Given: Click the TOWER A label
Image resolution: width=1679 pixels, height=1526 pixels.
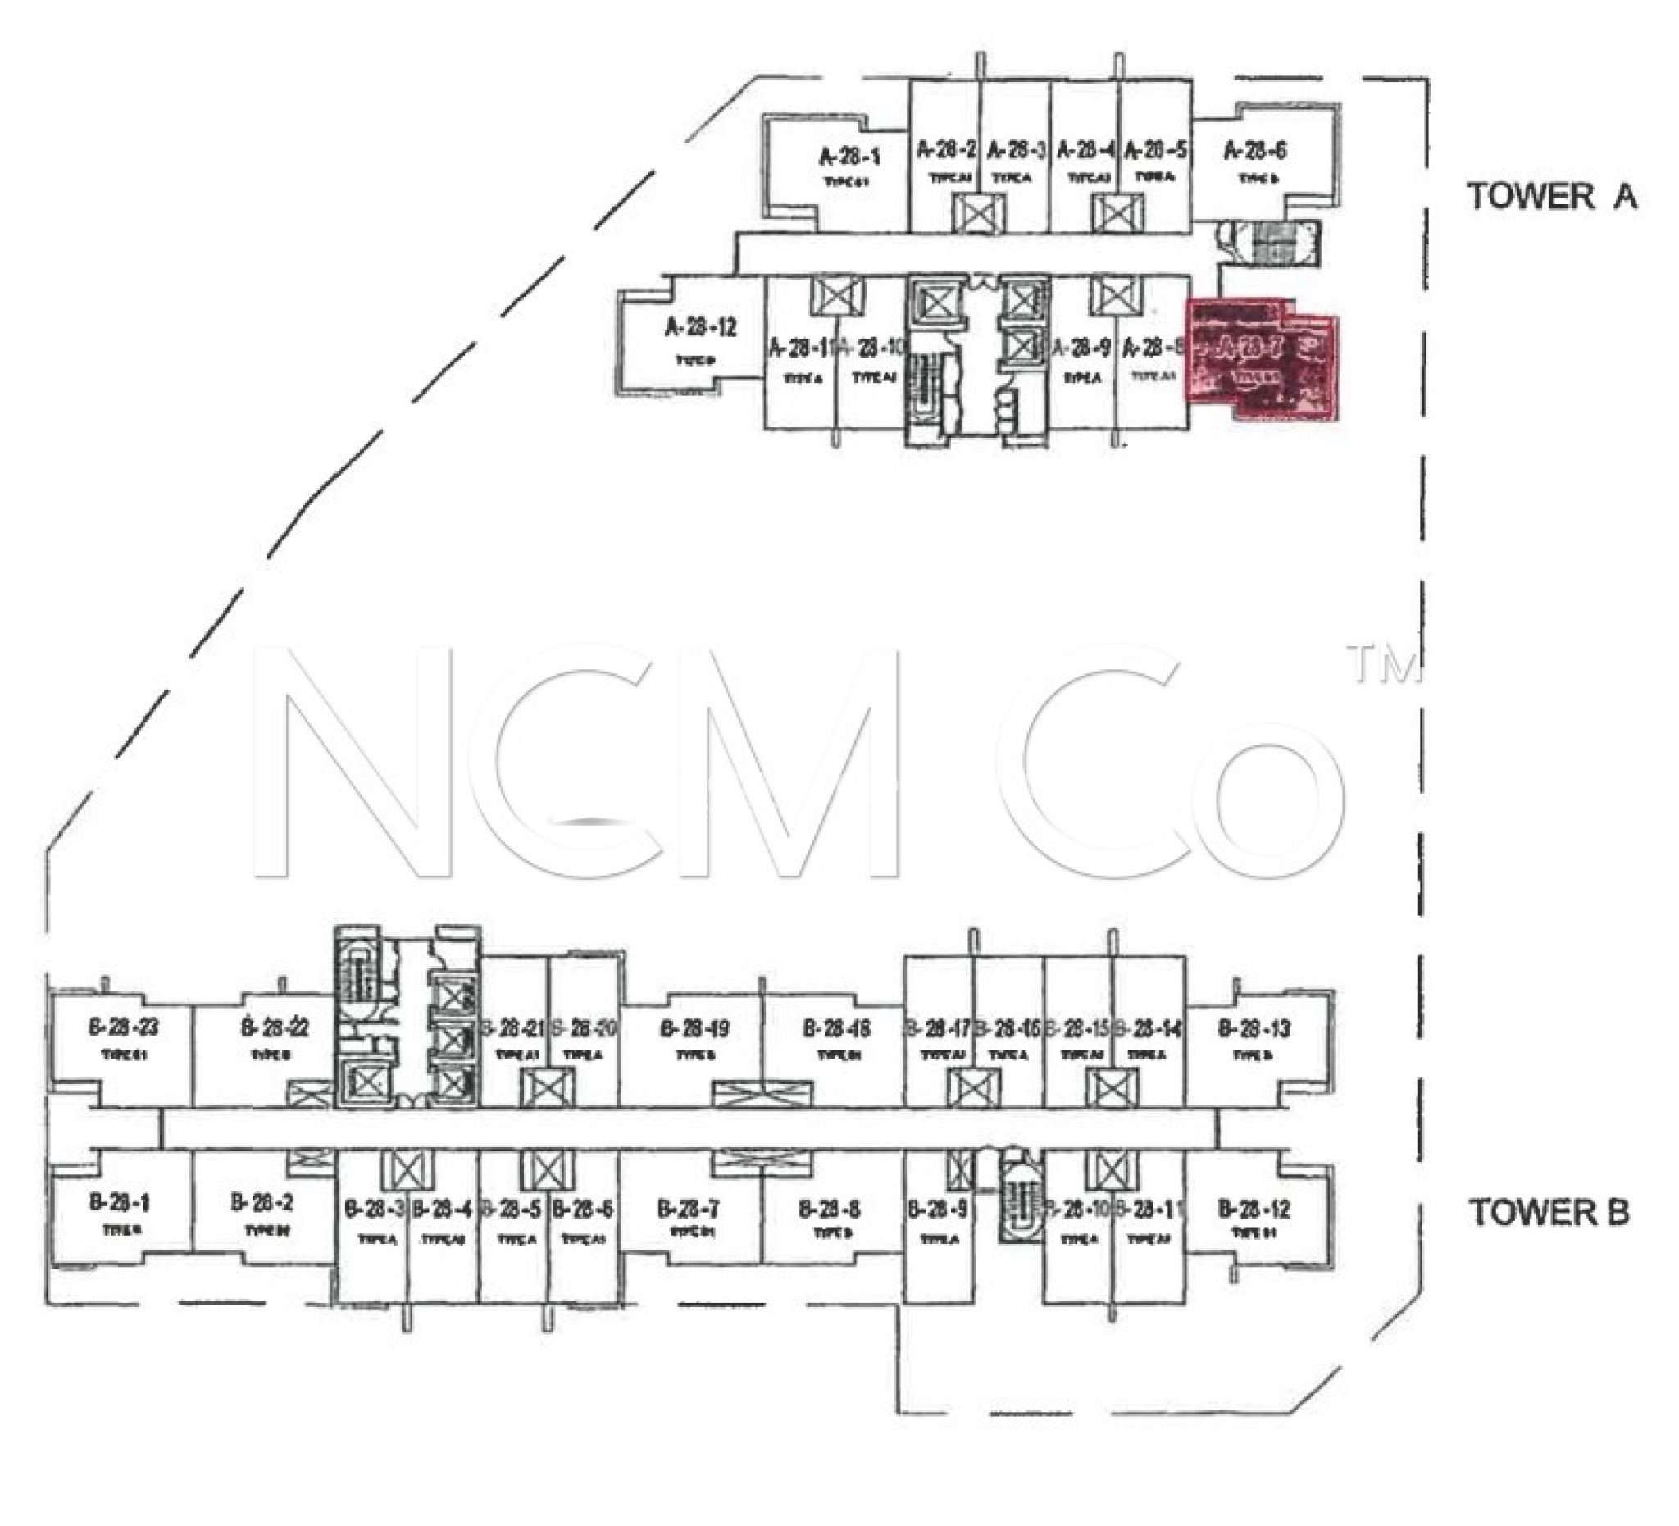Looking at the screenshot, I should click(1552, 198).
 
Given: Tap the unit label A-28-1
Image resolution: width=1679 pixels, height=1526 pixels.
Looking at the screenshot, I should click(849, 157).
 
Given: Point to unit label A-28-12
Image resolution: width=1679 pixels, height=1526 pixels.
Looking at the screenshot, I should click(700, 327).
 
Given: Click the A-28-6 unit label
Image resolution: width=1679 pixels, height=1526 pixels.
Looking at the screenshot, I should click(1255, 151).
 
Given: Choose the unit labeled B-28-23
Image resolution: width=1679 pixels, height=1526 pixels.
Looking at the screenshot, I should click(123, 1027).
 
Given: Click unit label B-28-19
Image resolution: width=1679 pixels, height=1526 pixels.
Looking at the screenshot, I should click(694, 1029).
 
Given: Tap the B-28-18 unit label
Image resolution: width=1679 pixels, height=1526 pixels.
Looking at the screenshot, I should click(837, 1029).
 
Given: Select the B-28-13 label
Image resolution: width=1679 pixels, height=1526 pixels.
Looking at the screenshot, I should click(1254, 1029).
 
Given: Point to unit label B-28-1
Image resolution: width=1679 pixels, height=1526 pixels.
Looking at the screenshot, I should click(119, 1203).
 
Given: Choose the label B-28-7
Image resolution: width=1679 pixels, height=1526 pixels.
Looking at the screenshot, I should click(689, 1208).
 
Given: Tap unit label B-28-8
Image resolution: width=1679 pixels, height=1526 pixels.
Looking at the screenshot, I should click(830, 1208).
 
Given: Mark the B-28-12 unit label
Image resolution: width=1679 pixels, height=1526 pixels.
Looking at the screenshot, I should click(1254, 1208).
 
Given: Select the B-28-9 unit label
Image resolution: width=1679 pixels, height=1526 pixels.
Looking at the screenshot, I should click(938, 1208).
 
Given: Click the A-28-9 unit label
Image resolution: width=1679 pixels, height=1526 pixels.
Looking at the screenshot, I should click(1081, 348).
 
